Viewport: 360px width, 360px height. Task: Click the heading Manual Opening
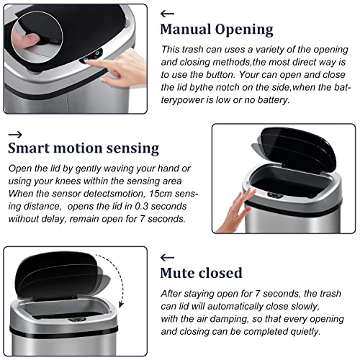tap(217, 30)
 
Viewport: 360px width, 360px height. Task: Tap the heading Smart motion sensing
tap(84, 148)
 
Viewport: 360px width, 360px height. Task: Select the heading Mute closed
tap(201, 273)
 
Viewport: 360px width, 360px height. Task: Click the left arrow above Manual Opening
tap(167, 14)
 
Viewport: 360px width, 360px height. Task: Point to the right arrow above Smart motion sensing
tap(15, 135)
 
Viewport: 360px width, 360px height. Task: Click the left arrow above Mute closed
tap(167, 258)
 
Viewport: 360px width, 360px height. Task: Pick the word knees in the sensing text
tap(68, 181)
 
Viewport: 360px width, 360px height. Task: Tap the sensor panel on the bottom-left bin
tap(77, 320)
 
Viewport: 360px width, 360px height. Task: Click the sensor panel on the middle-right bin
tap(276, 195)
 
